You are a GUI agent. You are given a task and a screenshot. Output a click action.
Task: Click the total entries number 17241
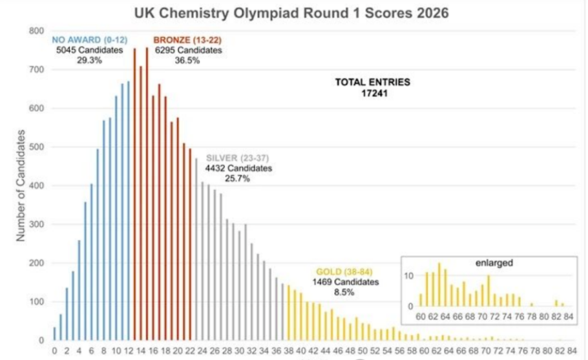pyautogui.click(x=372, y=93)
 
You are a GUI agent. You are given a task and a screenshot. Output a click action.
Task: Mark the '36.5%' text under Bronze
pyautogui.click(x=187, y=60)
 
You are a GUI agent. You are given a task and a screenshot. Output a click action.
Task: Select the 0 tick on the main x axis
pyautogui.click(x=54, y=351)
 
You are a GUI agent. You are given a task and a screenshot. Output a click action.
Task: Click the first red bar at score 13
pyautogui.click(x=134, y=194)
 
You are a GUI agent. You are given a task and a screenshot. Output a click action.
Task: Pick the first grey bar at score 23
pyautogui.click(x=196, y=249)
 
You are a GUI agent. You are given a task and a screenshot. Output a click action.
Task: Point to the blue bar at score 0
pyautogui.click(x=54, y=334)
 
